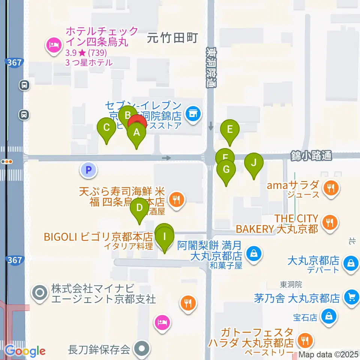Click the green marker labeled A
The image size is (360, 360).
pos(136,132)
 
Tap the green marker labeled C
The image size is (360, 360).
pos(106,128)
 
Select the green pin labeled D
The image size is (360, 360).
pos(139,208)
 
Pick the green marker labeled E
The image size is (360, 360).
pos(230,130)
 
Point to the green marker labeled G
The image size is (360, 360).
pos(226,169)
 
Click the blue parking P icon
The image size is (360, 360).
pos(88,170)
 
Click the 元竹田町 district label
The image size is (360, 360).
pos(172,37)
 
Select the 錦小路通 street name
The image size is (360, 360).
pos(311,156)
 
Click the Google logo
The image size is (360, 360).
pos(25,351)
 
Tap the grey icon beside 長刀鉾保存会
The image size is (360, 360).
pos(142,349)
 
